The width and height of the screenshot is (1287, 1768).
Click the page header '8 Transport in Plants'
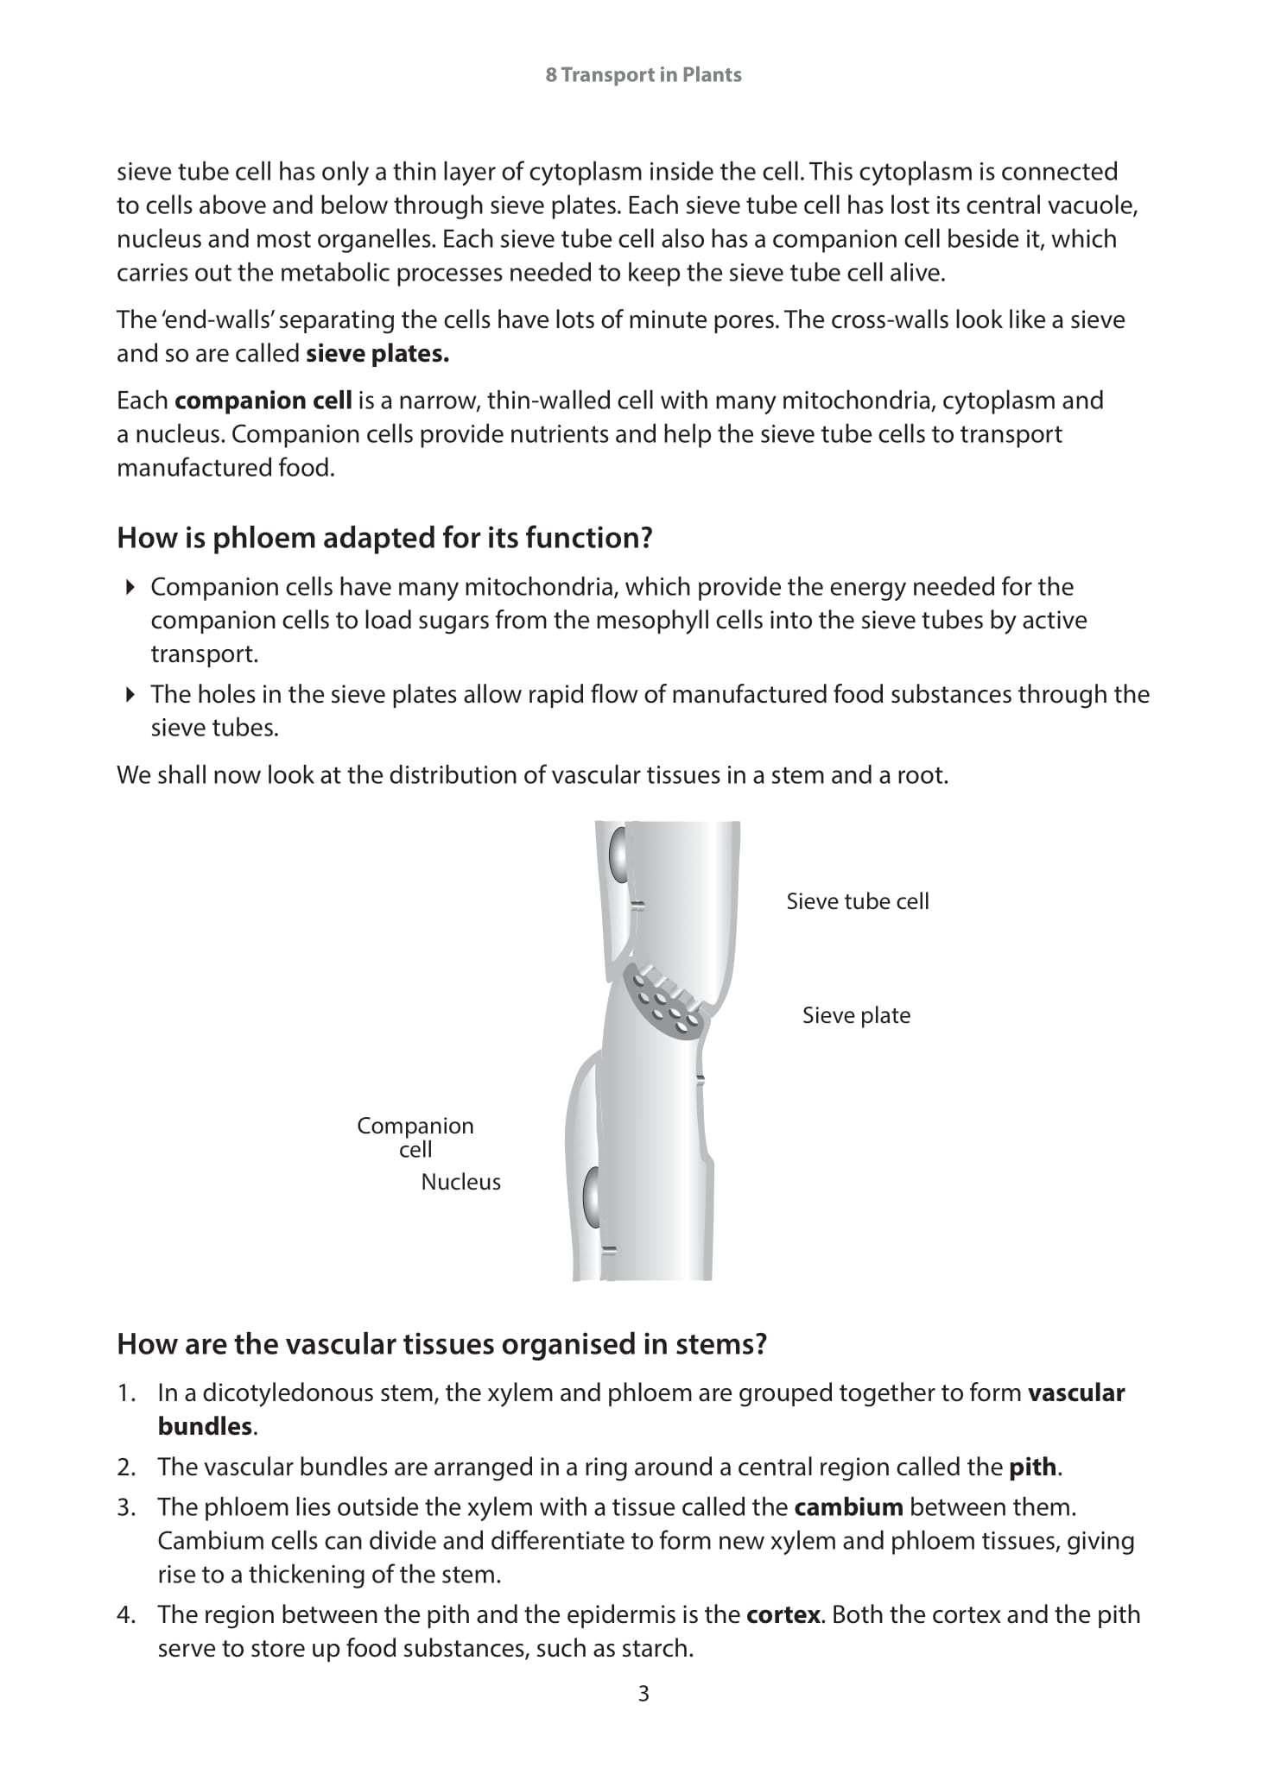tap(643, 75)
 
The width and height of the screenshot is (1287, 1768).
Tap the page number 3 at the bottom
tap(643, 1693)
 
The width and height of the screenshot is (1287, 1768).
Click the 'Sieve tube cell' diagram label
tap(857, 901)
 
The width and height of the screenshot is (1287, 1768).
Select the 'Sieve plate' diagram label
tap(856, 1015)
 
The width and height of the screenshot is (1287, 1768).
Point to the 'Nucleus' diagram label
tap(460, 1182)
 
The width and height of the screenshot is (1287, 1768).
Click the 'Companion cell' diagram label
tap(415, 1137)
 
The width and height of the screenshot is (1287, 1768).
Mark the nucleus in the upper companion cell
tap(617, 854)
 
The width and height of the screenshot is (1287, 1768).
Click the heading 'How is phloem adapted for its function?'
tap(384, 538)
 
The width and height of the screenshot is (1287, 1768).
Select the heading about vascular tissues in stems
tap(441, 1343)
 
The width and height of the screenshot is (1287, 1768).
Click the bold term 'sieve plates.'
tap(377, 354)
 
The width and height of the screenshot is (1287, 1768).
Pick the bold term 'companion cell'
tap(263, 401)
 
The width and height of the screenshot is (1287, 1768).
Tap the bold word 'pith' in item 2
tap(1032, 1467)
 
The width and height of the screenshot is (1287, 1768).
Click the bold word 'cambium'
tap(848, 1507)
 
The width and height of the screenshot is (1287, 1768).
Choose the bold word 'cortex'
tap(783, 1614)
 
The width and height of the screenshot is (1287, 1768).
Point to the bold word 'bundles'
tap(205, 1426)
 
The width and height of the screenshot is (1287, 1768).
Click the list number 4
tap(126, 1614)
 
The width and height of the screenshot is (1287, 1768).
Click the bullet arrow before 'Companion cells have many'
tap(130, 587)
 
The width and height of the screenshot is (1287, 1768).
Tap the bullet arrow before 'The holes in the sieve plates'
tap(130, 694)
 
